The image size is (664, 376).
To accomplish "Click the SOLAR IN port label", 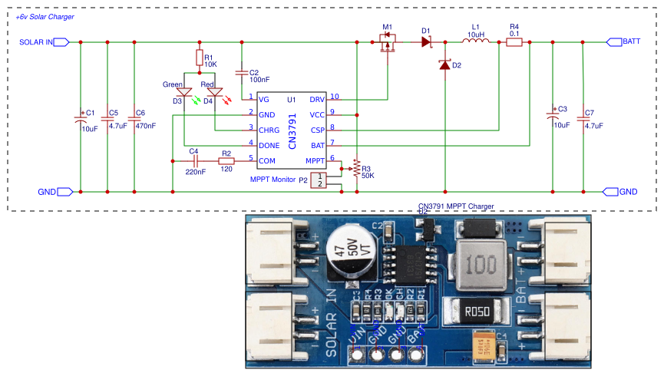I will (x=36, y=42).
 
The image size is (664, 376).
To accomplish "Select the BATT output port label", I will (x=632, y=42).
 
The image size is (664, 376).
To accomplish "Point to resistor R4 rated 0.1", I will (x=514, y=42).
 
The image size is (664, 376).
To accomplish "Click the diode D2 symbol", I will (x=444, y=66).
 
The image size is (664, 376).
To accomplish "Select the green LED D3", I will (x=184, y=92).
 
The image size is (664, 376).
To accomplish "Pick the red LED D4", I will (x=214, y=92).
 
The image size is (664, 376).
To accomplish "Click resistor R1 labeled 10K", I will (x=199, y=58).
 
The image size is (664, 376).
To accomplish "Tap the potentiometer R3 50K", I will (x=355, y=168).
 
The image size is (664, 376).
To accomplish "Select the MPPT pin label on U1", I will (x=314, y=160).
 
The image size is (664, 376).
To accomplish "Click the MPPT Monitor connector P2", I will (x=322, y=180).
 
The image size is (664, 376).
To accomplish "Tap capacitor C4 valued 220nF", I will (x=196, y=162).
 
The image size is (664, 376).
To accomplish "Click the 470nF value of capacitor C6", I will (x=145, y=125).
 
